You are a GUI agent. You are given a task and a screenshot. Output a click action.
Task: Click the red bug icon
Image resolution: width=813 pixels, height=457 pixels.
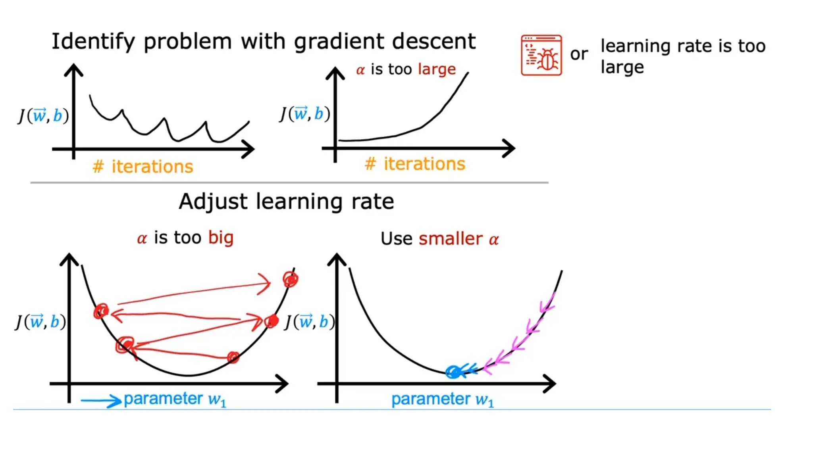pos(541,55)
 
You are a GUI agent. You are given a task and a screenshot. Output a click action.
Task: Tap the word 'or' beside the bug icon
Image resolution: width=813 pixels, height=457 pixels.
pos(579,54)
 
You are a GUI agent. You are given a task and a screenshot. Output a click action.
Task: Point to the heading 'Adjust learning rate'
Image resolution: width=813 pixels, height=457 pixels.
pos(286,202)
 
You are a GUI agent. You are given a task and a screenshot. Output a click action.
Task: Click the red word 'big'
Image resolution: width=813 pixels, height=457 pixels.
pos(221,238)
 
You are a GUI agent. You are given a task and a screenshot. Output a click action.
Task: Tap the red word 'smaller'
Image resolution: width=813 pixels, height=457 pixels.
pos(451,239)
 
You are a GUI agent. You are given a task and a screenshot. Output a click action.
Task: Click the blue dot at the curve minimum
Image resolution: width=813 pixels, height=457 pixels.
pos(453,372)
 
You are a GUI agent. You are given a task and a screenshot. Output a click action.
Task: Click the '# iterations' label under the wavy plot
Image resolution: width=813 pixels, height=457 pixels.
pos(143,167)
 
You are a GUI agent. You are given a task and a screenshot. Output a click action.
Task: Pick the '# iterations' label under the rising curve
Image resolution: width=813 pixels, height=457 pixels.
pos(415,164)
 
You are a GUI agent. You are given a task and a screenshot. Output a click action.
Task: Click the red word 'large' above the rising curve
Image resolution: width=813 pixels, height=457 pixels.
pos(437,69)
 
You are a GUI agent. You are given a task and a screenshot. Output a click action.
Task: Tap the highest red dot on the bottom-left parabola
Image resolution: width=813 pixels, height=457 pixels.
pos(291,279)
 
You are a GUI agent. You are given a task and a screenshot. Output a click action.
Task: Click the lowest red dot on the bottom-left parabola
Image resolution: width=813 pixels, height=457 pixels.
pos(233,357)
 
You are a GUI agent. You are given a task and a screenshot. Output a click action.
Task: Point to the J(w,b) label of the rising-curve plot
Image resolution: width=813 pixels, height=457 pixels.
pos(305,114)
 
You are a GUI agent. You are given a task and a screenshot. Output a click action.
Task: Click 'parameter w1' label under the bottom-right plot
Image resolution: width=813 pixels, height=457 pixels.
pos(443,399)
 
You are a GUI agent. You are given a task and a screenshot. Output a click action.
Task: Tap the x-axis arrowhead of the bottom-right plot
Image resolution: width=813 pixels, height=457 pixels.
pos(550,384)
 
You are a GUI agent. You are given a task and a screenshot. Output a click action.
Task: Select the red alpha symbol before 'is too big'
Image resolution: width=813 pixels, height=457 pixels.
pos(142,239)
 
